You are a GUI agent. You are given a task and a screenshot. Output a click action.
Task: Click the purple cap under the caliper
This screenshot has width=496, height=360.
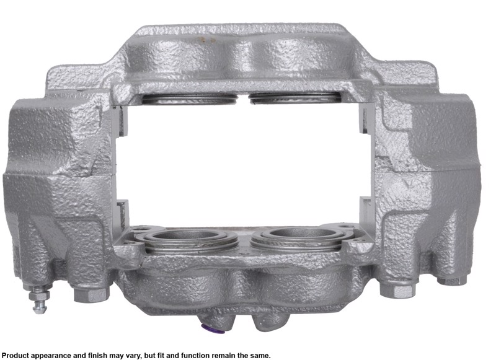pos(212,328)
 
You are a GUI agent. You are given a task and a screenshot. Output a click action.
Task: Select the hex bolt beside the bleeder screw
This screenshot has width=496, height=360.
pos(91,294)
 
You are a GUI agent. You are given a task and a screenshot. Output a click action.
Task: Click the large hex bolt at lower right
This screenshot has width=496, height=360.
pos(397,290)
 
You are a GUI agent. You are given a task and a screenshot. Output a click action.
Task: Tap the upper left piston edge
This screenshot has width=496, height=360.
pos(189,99)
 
